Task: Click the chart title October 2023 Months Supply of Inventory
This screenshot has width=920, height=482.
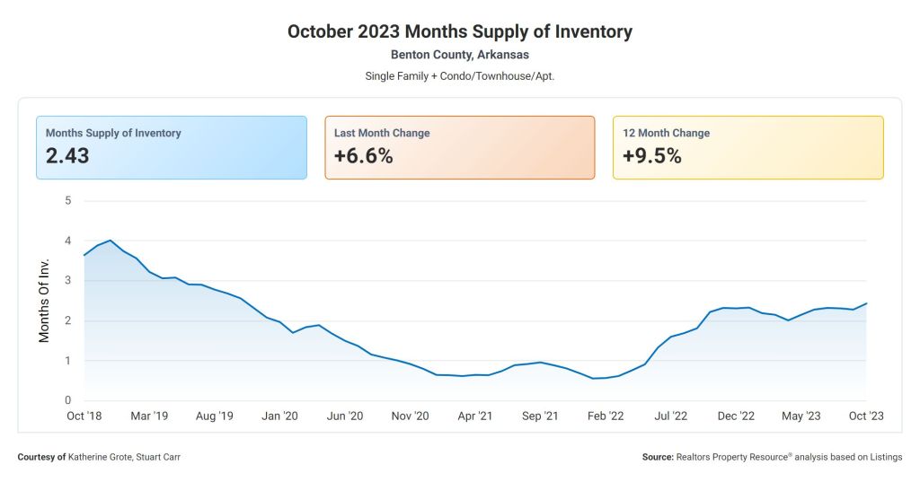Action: (x=459, y=31)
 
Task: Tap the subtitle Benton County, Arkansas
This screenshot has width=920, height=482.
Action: (x=459, y=55)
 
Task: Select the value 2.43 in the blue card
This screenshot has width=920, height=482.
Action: (x=67, y=156)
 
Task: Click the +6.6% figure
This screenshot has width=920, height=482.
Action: (x=363, y=156)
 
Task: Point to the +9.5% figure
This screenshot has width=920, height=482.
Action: (x=651, y=156)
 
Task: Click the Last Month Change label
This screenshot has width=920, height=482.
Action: (x=382, y=133)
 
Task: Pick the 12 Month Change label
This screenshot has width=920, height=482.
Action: (x=666, y=133)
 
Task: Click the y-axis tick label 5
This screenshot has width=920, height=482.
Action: (x=67, y=200)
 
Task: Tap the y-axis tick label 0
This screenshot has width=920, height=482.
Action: (x=67, y=401)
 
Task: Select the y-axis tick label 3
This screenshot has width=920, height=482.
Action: (x=67, y=281)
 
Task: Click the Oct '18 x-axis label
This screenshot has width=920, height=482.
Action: (x=84, y=416)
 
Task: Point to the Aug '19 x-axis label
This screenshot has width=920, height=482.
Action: (x=214, y=416)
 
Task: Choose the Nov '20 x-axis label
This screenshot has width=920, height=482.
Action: (x=410, y=416)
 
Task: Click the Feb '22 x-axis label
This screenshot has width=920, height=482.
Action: (x=605, y=416)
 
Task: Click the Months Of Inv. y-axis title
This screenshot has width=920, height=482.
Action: (x=44, y=301)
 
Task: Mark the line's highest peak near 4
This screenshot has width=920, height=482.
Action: (x=110, y=241)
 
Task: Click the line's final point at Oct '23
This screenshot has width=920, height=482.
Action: (x=866, y=303)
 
